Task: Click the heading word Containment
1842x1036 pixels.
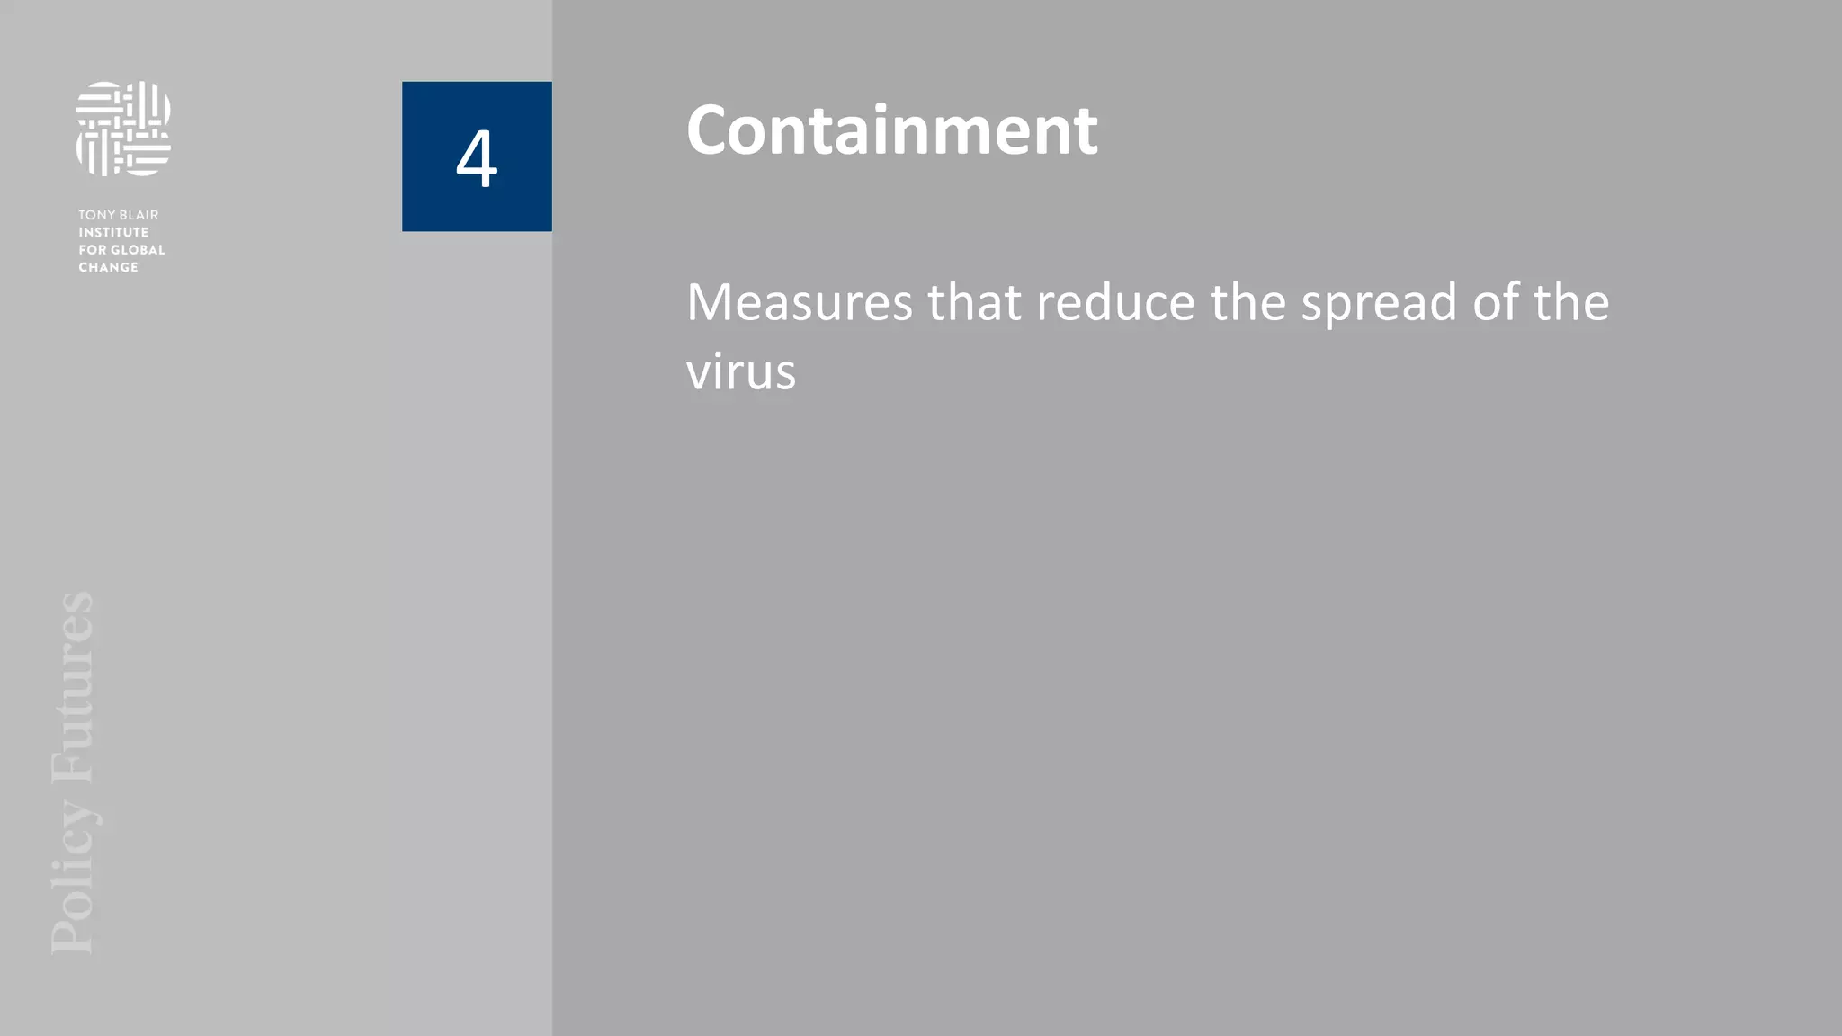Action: point(891,130)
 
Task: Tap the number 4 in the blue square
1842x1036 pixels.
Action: point(477,158)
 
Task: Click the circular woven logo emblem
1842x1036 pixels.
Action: point(123,129)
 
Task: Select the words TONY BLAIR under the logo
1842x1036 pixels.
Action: point(118,215)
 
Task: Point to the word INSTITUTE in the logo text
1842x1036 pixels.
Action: point(113,232)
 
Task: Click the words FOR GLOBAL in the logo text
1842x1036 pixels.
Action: point(121,250)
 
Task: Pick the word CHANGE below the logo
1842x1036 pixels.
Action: point(108,267)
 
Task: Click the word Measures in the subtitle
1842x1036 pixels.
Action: point(799,302)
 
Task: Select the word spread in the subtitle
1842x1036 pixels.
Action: point(1379,304)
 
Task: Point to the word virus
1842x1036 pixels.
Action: point(741,371)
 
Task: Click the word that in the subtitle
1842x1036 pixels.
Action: point(974,302)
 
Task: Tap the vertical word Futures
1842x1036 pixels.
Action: point(72,687)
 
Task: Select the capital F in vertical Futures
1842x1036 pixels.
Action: point(72,765)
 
